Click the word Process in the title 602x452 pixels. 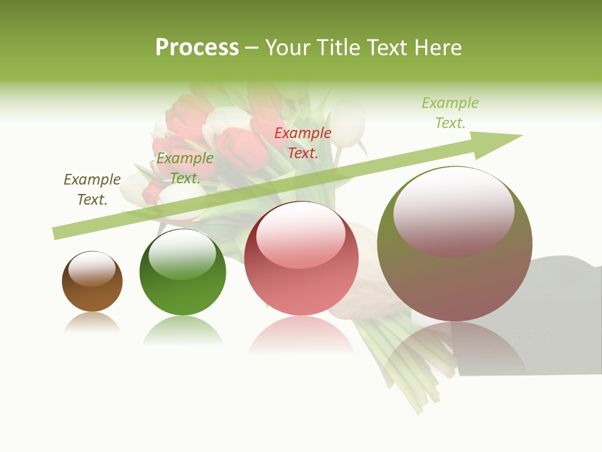click(x=197, y=48)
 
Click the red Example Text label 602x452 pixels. click(x=303, y=143)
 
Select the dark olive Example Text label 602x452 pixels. click(x=92, y=189)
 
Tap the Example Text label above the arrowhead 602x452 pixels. click(x=450, y=112)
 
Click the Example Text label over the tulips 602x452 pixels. click(x=185, y=168)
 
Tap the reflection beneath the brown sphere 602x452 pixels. click(x=92, y=323)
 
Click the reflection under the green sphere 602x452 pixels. click(x=182, y=330)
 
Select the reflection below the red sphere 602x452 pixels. click(x=301, y=336)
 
